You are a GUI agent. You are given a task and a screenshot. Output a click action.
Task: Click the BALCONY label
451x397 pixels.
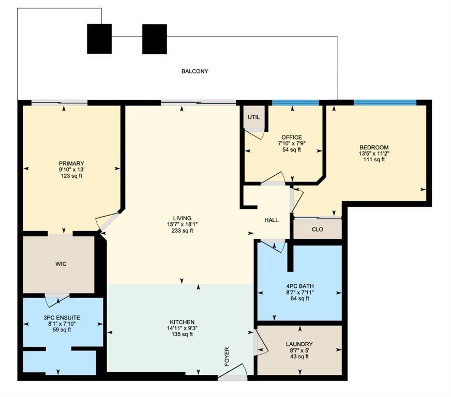pyautogui.click(x=194, y=71)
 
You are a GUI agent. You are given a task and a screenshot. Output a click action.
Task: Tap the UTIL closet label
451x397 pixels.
pyautogui.click(x=253, y=117)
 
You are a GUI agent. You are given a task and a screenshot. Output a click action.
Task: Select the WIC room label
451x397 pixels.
pyautogui.click(x=61, y=264)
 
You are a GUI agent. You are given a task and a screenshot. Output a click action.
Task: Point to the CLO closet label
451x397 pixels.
pyautogui.click(x=317, y=230)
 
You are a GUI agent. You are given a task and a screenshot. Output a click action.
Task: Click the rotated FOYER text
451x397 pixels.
pyautogui.click(x=227, y=357)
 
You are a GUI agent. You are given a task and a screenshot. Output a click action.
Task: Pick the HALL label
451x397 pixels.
pyautogui.click(x=271, y=220)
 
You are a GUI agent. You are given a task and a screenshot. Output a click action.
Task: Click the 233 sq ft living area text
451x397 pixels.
pyautogui.click(x=183, y=231)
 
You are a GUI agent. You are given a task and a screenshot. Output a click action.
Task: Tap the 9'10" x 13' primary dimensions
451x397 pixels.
pyautogui.click(x=71, y=170)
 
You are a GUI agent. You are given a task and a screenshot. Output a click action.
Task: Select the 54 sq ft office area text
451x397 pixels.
pyautogui.click(x=292, y=149)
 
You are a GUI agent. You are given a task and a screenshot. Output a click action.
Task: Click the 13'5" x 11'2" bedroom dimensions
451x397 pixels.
pyautogui.click(x=374, y=154)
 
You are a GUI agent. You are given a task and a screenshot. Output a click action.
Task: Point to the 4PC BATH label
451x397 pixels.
pyautogui.click(x=300, y=286)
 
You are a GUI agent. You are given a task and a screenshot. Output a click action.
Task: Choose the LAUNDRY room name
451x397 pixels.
pyautogui.click(x=299, y=344)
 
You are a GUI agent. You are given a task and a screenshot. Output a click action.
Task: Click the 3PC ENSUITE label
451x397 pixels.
pyautogui.click(x=62, y=318)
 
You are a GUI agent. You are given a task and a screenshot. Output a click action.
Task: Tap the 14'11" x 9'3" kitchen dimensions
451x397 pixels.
pyautogui.click(x=182, y=328)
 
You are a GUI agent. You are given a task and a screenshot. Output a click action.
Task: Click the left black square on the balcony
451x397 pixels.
pyautogui.click(x=99, y=39)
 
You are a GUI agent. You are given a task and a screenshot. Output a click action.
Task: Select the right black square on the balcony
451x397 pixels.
pyautogui.click(x=155, y=39)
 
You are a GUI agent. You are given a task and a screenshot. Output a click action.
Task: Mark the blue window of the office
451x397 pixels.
pyautogui.click(x=296, y=103)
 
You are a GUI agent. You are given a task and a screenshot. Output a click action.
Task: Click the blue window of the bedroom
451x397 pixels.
pyautogui.click(x=385, y=103)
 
